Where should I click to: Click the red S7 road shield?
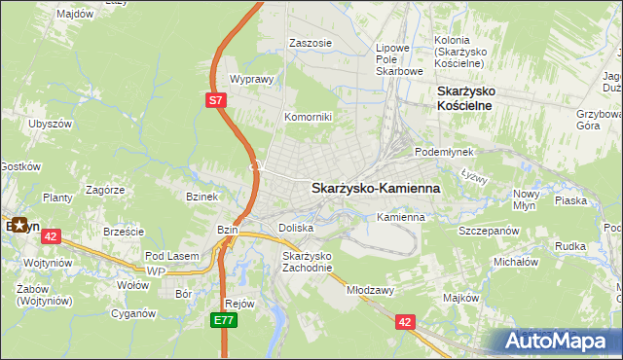[x=216, y=98]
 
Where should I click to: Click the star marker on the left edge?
[x=18, y=225]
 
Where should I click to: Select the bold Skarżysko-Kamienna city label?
[x=375, y=188]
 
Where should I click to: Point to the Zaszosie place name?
[x=311, y=43]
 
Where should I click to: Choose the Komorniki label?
[x=308, y=117]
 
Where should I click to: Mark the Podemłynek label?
[x=444, y=153]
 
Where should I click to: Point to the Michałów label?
[x=516, y=262]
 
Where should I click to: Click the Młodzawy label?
[x=369, y=290]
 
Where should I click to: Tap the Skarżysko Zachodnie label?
[x=307, y=262]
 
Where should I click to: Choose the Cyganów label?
[x=133, y=313]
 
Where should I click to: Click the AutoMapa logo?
[x=558, y=341]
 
